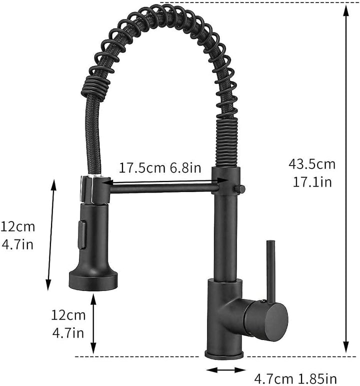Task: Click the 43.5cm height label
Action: (x=312, y=163)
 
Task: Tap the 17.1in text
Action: (x=312, y=181)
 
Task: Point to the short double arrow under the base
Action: (x=225, y=370)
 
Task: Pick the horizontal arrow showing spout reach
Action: (x=160, y=183)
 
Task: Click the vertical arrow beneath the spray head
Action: (x=93, y=323)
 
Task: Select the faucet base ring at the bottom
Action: (x=225, y=354)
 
